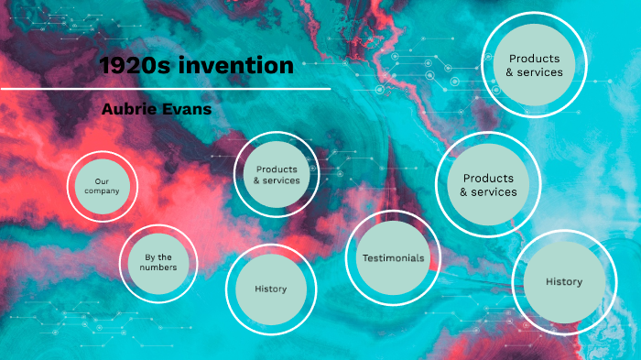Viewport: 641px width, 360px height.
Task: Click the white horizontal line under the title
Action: tap(165, 89)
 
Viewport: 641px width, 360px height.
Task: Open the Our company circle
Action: tap(102, 186)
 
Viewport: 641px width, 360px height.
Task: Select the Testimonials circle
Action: tap(393, 258)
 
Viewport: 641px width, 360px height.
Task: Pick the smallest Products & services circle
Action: tap(277, 175)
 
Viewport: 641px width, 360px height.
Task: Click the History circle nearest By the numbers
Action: tap(270, 289)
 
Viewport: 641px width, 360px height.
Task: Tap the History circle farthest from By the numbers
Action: tap(563, 282)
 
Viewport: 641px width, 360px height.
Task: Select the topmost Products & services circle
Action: tap(534, 65)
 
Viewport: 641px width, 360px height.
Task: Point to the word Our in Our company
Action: tap(102, 180)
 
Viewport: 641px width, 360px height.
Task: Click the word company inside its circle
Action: tap(102, 191)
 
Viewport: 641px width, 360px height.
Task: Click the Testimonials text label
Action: tap(393, 258)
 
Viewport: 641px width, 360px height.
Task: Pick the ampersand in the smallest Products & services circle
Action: tap(257, 180)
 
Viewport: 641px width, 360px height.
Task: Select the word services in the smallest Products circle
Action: tap(281, 180)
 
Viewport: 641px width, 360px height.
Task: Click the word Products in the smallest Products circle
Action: tap(277, 169)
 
